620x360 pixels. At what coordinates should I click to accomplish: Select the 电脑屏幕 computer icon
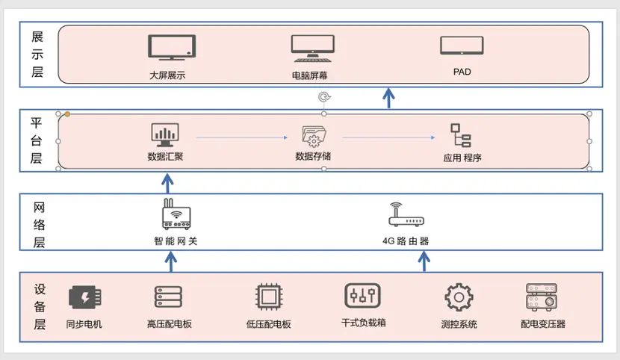click(312, 49)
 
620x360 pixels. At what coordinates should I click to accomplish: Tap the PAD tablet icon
click(462, 46)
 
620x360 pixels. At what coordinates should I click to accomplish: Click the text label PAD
click(462, 72)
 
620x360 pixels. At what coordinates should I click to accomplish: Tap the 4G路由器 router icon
click(406, 215)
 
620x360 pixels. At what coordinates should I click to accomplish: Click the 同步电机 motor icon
click(84, 297)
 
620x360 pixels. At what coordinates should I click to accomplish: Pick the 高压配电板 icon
click(169, 297)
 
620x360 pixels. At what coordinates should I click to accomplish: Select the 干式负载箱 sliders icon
click(363, 296)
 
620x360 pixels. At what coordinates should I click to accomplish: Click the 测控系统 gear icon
click(459, 297)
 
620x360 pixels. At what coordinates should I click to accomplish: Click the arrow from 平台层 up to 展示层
click(388, 98)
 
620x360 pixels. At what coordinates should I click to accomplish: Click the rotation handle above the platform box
click(323, 97)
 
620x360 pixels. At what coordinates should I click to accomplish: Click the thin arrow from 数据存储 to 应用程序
click(388, 138)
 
